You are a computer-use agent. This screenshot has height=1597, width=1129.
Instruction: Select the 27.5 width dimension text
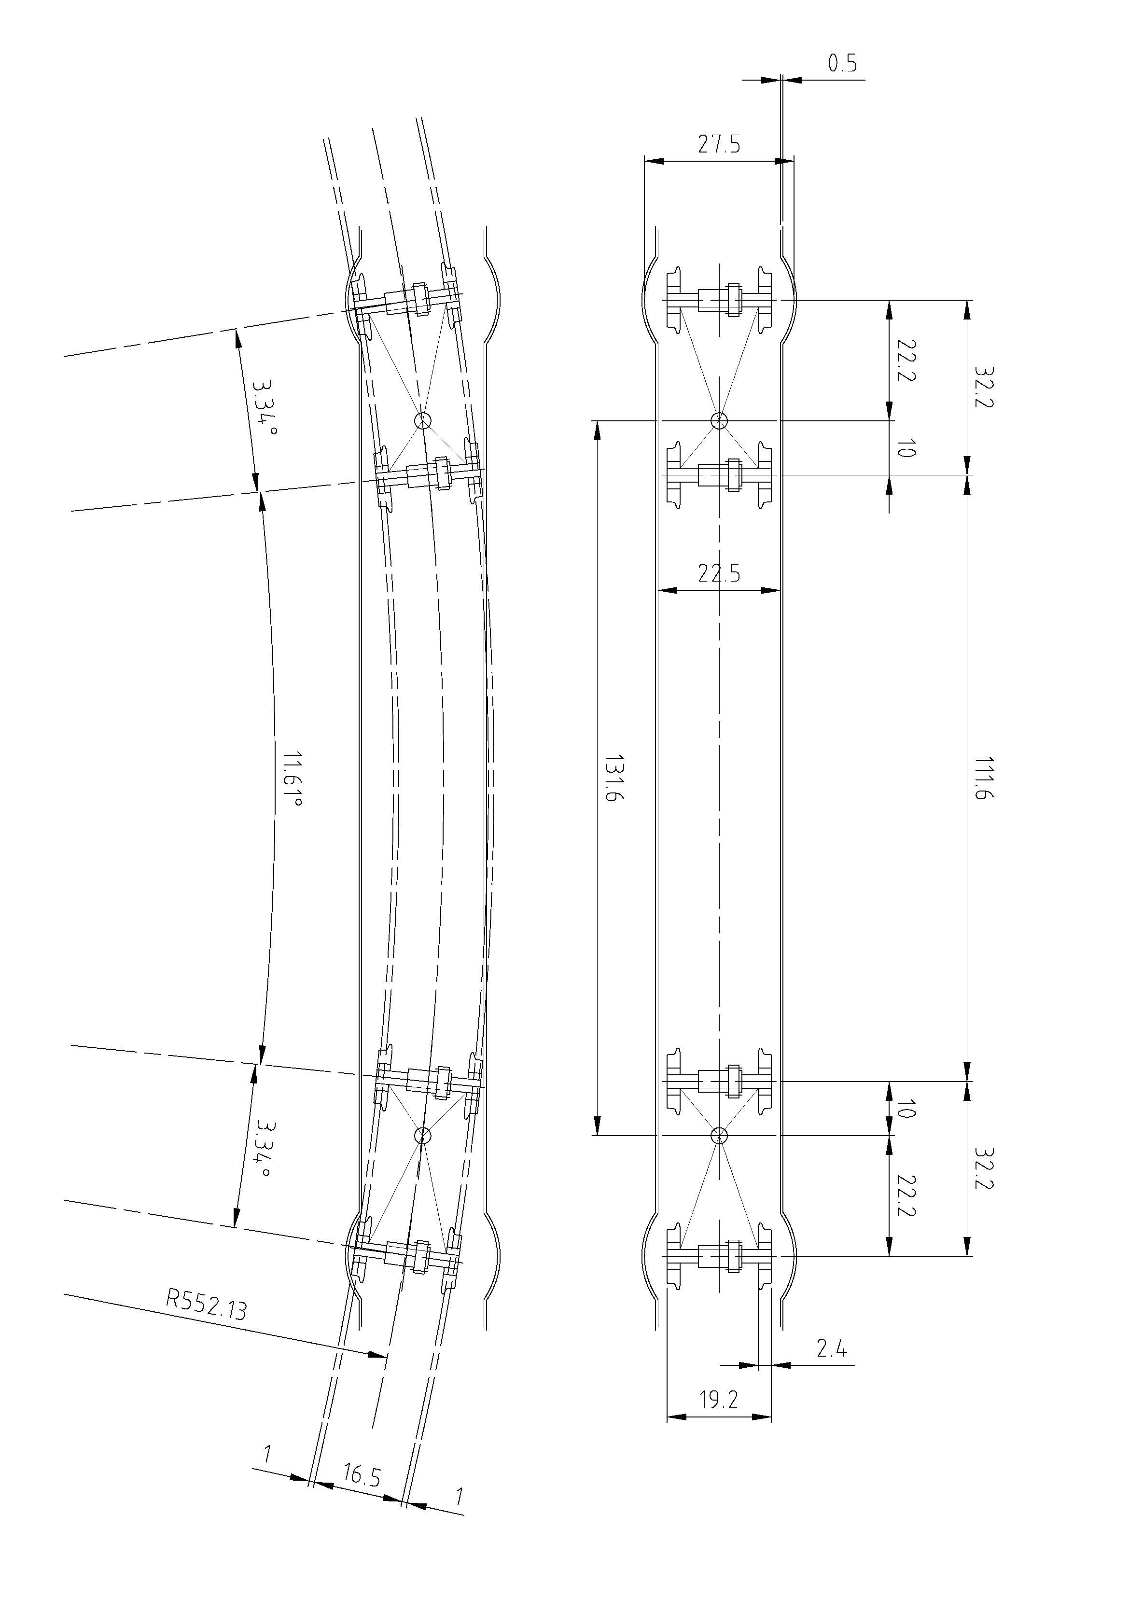tap(719, 145)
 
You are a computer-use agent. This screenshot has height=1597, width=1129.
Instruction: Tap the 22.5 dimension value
tap(719, 574)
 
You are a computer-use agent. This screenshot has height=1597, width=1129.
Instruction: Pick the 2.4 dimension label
tap(831, 1349)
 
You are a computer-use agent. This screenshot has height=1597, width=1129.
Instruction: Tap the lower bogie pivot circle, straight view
tap(719, 1136)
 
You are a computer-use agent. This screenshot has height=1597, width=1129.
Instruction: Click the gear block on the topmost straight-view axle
tap(733, 300)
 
